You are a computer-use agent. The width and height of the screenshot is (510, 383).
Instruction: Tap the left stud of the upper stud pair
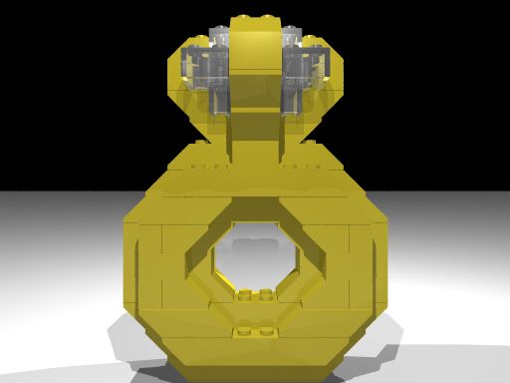[245, 293]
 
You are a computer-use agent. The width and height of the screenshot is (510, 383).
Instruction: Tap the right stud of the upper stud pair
[266, 293]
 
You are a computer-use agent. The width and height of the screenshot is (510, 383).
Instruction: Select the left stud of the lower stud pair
[243, 329]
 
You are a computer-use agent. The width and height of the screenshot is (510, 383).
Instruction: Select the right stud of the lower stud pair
[267, 329]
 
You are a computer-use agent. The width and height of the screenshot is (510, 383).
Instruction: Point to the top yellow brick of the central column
[255, 40]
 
